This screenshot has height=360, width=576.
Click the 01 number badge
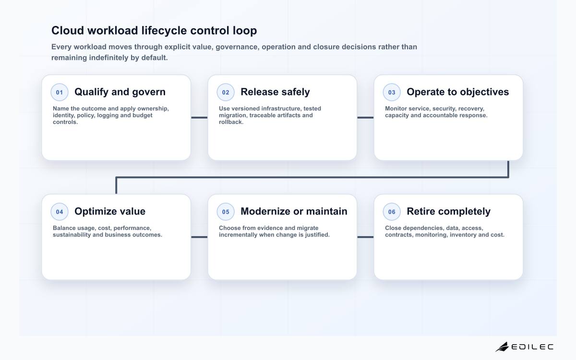click(60, 92)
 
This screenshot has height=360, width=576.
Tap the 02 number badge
click(226, 92)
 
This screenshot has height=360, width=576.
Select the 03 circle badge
click(392, 92)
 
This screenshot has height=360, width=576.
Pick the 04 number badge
click(60, 212)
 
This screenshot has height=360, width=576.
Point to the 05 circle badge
click(226, 212)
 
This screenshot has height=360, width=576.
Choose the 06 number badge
click(392, 212)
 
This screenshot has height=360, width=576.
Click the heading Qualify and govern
click(120, 92)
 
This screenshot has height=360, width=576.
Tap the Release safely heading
click(275, 92)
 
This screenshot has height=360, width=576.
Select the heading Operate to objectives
click(458, 92)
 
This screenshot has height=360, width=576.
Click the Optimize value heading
click(110, 211)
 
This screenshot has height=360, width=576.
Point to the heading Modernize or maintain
click(294, 211)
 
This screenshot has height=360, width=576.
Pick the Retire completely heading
click(448, 211)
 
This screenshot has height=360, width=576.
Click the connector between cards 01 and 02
click(199, 118)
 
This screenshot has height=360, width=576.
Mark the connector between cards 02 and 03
click(365, 118)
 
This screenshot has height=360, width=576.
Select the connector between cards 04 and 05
click(199, 237)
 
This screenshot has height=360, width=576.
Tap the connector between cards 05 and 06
click(365, 237)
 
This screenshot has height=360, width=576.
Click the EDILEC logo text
click(532, 347)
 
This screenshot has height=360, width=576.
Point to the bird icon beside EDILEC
click(502, 347)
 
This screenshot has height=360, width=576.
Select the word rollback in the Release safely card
click(231, 122)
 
